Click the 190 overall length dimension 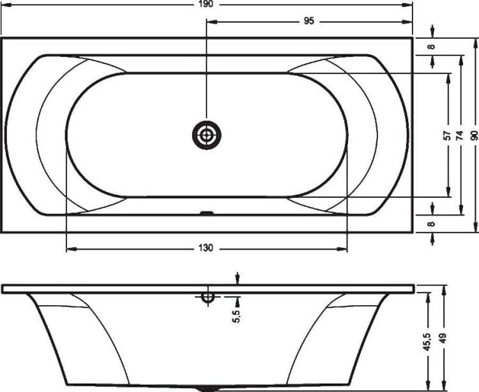coord(207,4)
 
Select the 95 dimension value coord(309,21)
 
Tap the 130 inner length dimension coord(206,248)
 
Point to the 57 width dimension coord(447,135)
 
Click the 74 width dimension coord(459,135)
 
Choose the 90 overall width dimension coord(474,135)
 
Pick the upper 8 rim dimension coord(430,47)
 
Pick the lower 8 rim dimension coord(430,224)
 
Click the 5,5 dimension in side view coord(236,315)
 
